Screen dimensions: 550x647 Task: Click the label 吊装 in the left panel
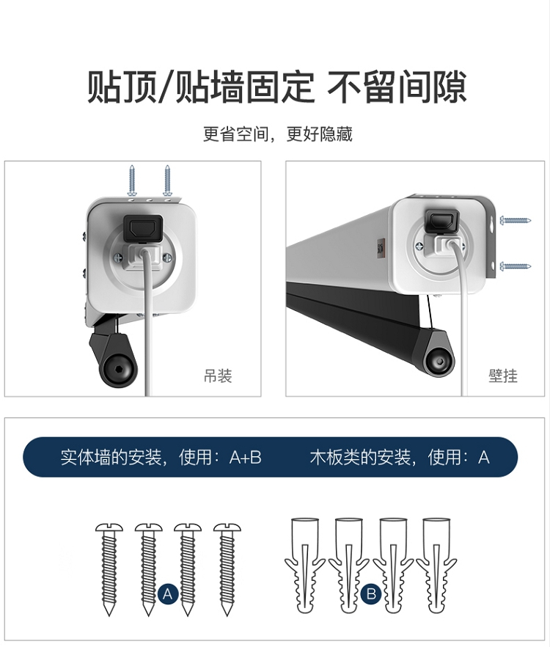218,376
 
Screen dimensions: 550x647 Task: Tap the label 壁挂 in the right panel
503,376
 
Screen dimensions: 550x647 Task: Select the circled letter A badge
167,593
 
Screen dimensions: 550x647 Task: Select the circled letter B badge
371,593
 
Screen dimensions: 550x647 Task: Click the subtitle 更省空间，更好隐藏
278,134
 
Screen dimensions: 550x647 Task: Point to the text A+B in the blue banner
246,457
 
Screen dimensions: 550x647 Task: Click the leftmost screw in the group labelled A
109,569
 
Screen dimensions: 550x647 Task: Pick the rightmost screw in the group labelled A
227,569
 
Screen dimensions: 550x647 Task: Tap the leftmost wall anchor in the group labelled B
305,565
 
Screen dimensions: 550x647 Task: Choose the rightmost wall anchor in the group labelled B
436,565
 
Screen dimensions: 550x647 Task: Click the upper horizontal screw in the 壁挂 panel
516,220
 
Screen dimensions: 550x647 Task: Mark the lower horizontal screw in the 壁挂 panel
516,266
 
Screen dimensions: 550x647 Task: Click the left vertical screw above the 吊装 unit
132,180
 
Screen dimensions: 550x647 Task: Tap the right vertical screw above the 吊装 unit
167,180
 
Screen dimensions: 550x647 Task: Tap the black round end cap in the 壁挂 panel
440,362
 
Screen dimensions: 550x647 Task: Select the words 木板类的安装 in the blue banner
360,457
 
